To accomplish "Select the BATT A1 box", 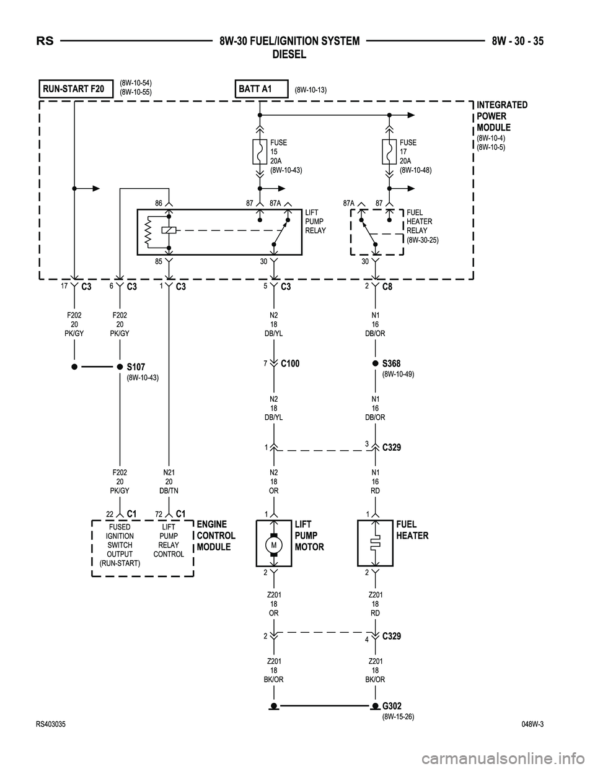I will (261, 89).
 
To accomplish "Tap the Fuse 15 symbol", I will (260, 151).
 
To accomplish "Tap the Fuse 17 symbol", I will (390, 151).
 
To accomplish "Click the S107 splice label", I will (135, 367).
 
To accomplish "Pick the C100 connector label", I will (290, 363).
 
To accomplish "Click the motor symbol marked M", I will (273, 544).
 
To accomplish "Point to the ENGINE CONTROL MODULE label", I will (216, 536).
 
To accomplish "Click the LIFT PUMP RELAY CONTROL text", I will (169, 541).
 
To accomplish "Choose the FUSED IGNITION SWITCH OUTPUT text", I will (120, 545).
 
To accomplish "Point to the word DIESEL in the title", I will (289, 54).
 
